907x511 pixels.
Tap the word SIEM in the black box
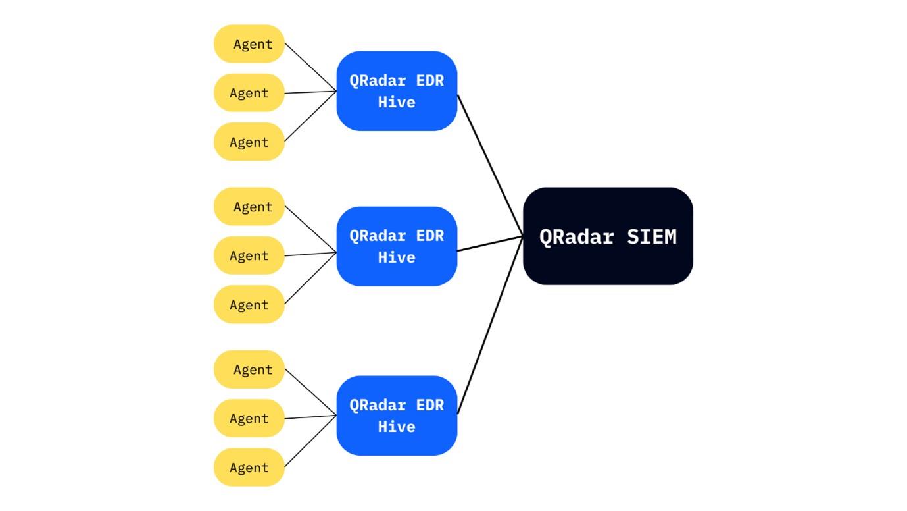tap(651, 236)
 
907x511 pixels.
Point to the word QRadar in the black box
tap(577, 236)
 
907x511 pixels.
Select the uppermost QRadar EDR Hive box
tap(397, 91)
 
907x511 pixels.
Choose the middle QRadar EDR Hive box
tap(397, 246)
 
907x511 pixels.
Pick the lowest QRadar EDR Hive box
tap(397, 416)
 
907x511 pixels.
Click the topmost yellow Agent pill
tap(249, 44)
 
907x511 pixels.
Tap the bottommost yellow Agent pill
tap(249, 468)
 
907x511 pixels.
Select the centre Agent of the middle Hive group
tap(249, 255)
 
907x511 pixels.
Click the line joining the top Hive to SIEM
tap(490, 165)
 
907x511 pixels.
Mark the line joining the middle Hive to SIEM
tap(490, 243)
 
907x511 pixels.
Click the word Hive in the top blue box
tap(397, 102)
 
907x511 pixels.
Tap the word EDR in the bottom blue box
tap(430, 405)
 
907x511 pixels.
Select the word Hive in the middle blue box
tap(397, 257)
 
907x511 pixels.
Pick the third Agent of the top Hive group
tap(249, 142)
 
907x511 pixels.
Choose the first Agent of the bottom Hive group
tap(249, 370)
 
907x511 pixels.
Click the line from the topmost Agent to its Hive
tap(310, 68)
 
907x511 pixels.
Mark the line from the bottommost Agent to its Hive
tap(310, 442)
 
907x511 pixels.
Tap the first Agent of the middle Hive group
tap(249, 207)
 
